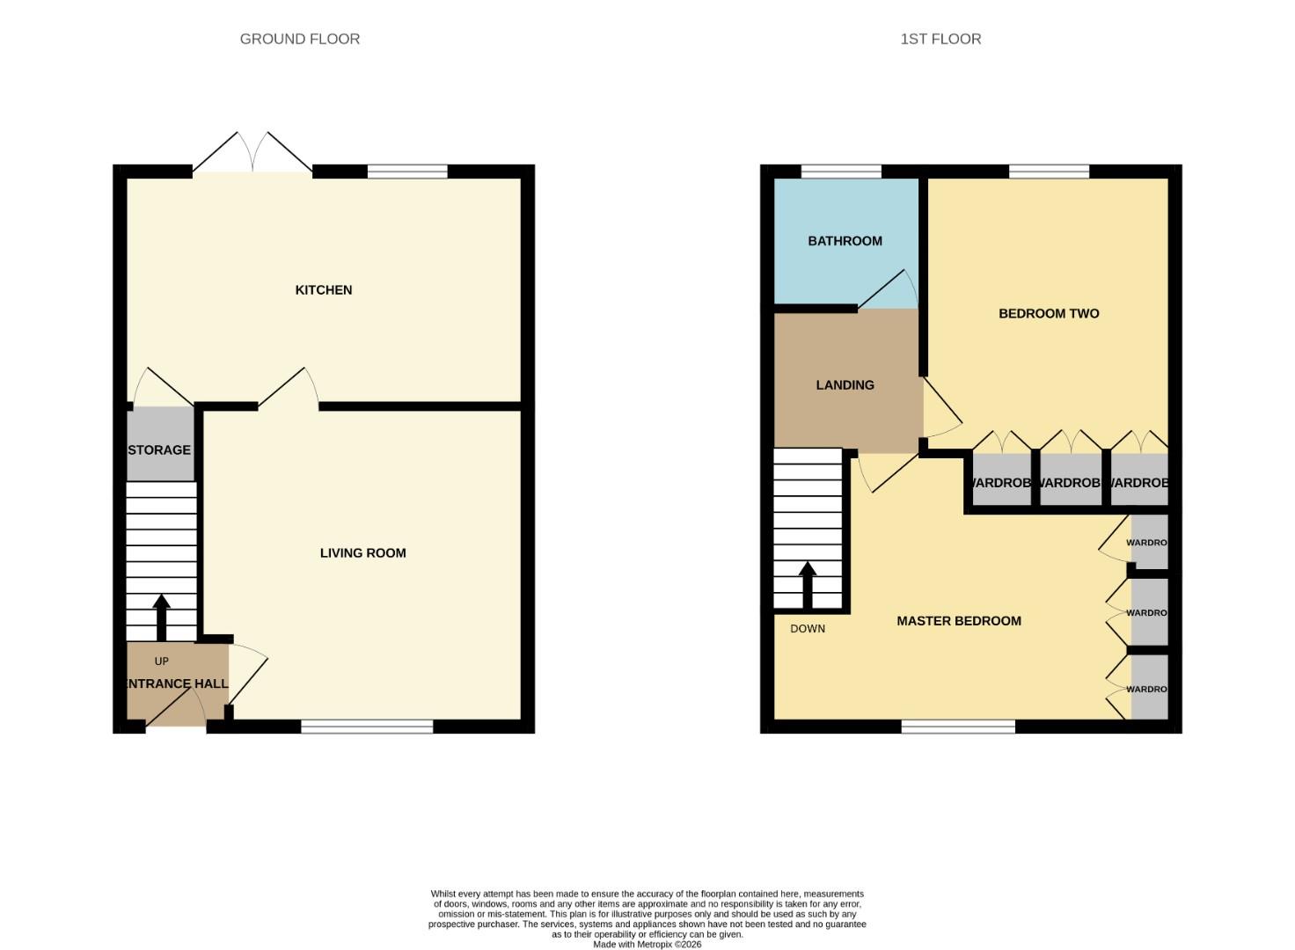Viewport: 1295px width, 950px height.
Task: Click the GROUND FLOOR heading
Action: [299, 39]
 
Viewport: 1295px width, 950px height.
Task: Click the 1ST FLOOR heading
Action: [940, 39]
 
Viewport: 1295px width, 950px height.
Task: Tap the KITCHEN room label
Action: [323, 290]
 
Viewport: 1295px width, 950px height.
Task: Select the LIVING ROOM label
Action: [362, 553]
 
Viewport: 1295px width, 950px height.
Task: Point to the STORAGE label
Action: [159, 450]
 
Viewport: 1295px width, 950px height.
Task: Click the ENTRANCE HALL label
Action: [177, 683]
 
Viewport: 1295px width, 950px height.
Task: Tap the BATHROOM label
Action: [845, 241]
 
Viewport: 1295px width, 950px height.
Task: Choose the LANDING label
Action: [845, 385]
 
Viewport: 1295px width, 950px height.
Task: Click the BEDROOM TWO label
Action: [1049, 314]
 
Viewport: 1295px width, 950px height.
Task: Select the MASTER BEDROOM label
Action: [958, 621]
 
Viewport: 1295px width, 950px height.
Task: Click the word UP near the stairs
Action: [161, 661]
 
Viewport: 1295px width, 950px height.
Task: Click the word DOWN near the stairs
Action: [807, 629]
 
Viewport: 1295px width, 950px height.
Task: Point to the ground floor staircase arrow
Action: [161, 617]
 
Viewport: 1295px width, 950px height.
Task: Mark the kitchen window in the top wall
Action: [407, 172]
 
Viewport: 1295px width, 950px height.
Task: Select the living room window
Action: [367, 727]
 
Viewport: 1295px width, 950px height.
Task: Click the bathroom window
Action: [841, 172]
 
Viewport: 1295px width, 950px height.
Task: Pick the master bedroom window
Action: [958, 727]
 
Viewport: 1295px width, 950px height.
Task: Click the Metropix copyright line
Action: [647, 945]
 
